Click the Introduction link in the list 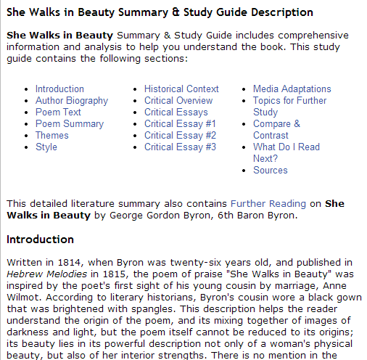[59, 89]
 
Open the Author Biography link [72, 101]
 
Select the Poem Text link [58, 112]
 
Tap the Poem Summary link [69, 124]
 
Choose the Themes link [52, 136]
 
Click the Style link [46, 147]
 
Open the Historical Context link [181, 89]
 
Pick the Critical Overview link [178, 101]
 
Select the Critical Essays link [176, 112]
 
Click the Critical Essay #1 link [180, 124]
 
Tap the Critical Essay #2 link [180, 136]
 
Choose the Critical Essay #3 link [180, 147]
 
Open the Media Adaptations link [292, 89]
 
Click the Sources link [271, 171]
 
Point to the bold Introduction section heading [41, 240]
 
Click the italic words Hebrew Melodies [44, 274]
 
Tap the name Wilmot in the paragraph [22, 297]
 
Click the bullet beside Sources [245, 171]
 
